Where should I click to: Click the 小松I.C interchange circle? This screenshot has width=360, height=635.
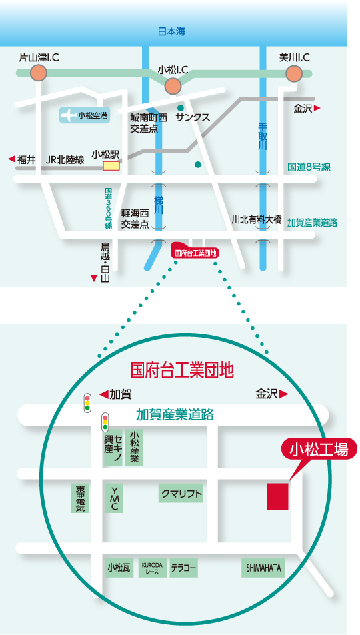173,86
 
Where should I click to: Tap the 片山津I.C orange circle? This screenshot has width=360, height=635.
39,73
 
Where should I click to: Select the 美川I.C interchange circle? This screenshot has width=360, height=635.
294,73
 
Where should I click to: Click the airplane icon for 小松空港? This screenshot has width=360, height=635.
68,115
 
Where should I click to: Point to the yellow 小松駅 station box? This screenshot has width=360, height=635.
111,166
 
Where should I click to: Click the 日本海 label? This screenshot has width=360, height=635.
171,31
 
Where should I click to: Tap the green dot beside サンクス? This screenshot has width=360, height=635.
180,108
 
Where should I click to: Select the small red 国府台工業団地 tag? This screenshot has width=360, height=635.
195,252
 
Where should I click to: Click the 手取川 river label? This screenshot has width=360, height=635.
263,137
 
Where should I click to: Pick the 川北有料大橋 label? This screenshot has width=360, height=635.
256,219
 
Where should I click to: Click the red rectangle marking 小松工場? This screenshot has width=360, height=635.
278,496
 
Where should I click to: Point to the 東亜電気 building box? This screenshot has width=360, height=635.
80,498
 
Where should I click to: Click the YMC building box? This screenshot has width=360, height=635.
114,498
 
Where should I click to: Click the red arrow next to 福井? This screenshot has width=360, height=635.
11,159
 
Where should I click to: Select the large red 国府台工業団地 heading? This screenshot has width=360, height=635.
183,370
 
